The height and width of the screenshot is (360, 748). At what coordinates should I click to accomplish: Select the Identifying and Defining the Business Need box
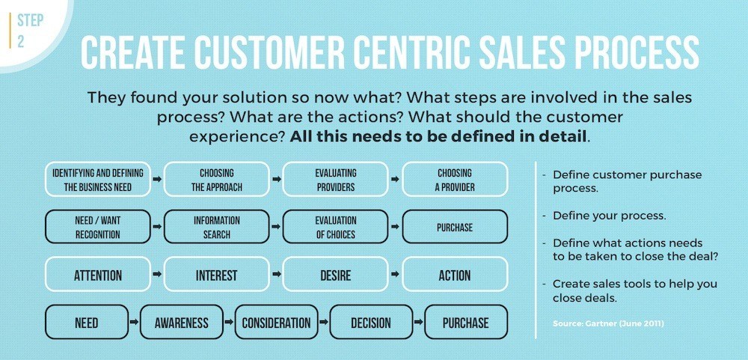coord(98,180)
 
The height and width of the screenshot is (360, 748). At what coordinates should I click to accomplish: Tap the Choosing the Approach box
coord(217,180)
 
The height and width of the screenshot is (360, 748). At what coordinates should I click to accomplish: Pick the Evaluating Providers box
coord(335,180)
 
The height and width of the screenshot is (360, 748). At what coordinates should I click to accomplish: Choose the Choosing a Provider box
coord(455,180)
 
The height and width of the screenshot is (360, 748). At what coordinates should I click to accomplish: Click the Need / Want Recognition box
coord(98,228)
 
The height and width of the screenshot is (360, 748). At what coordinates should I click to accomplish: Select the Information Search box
coord(217,228)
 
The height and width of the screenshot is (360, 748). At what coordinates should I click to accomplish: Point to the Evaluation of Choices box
coord(335,228)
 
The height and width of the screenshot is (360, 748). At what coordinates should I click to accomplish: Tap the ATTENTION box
coord(98,275)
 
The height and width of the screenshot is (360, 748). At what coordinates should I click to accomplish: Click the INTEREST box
coord(217,275)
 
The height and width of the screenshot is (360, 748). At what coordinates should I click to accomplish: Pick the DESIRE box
coord(335,275)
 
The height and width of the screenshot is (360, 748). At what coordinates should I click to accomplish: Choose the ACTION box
coord(455,275)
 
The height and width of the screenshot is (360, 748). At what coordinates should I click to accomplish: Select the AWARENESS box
coord(181,323)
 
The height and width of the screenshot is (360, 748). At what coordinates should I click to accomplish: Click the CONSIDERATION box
coord(276,323)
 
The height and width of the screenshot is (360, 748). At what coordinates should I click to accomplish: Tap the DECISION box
coord(371,323)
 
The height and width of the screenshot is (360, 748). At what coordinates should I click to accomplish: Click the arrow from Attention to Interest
coord(157,275)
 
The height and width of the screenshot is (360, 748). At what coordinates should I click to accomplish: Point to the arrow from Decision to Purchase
coord(419,323)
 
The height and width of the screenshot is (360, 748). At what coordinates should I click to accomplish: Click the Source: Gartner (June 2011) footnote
coord(608,324)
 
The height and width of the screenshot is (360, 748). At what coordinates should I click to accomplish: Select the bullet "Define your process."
coord(610,216)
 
